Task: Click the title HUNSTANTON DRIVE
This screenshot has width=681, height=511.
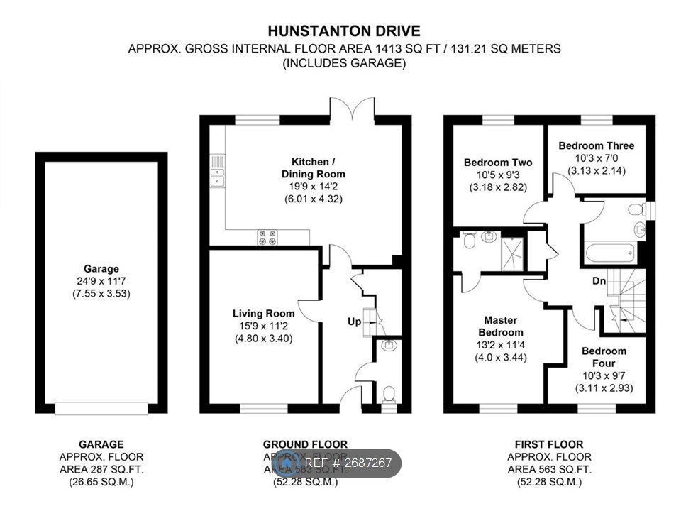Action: coord(343,31)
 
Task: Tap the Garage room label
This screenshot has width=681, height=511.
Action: coord(101,269)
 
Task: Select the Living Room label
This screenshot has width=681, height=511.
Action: coord(263,314)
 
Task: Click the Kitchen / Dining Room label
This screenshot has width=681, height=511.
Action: coord(319,167)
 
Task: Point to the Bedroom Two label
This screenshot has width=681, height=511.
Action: coord(497,163)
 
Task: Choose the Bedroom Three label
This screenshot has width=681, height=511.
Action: coord(596,146)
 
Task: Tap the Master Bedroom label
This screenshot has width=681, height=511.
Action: coord(502,326)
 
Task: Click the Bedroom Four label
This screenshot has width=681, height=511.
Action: coord(604,356)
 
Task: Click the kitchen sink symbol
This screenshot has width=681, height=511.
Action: coord(217,172)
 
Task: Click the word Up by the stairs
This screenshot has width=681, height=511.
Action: coord(354,322)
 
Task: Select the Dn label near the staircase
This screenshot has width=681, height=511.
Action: coord(599,281)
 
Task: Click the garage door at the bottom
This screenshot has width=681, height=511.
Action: coord(101,408)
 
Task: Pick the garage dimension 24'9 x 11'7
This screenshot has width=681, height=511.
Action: coord(101,281)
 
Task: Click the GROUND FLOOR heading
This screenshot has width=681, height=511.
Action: coord(305,445)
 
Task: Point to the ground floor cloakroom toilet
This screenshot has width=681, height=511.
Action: coord(388,394)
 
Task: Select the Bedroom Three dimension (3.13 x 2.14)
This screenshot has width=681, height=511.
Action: coord(596,170)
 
